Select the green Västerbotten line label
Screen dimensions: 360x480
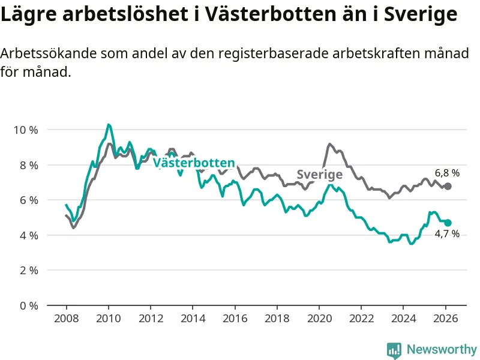[x=194, y=163]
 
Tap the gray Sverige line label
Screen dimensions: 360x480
[x=320, y=175]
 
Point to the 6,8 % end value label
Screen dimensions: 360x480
[x=447, y=173]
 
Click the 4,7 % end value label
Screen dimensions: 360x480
[x=447, y=234]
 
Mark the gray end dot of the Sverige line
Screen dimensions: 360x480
[x=448, y=186]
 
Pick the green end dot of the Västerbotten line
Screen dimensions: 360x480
[x=448, y=223]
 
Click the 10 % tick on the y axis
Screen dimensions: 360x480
[x=26, y=130]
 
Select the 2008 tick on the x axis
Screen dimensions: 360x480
[x=66, y=318]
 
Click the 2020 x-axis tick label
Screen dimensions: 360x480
[x=319, y=318]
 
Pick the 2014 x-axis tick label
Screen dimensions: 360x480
[x=193, y=318]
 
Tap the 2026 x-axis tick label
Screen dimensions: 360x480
[x=446, y=318]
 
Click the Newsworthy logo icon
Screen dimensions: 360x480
[x=394, y=350]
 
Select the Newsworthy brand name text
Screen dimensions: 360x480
[x=442, y=349]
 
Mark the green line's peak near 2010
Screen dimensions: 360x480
[x=108, y=125]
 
